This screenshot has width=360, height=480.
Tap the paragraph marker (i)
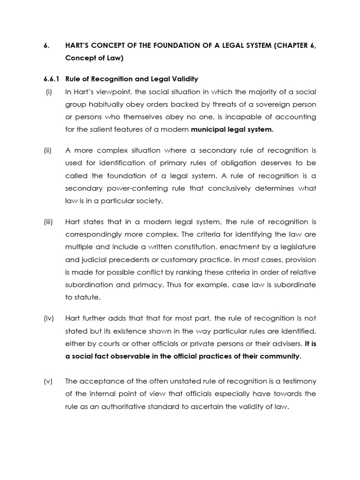click(48, 91)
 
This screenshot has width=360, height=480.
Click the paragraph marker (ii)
click(48, 150)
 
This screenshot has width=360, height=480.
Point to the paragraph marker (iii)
click(49, 222)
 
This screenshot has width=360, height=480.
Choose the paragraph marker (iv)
click(49, 319)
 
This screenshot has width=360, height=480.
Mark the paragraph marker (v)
click(48, 381)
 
